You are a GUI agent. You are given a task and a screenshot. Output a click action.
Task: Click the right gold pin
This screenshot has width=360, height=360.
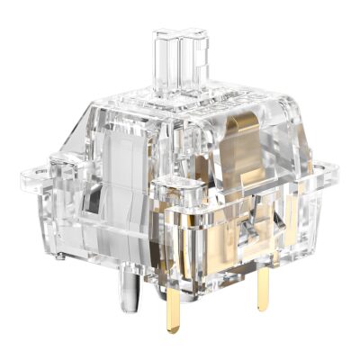(263, 302)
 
